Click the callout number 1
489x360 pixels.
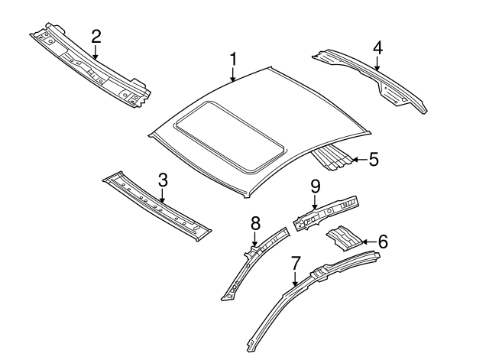pos(234,59)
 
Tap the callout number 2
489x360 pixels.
pos(96,36)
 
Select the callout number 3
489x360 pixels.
pos(162,180)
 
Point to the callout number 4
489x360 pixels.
pos(377,48)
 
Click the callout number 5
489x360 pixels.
pos(373,160)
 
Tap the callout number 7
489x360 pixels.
pos(296,264)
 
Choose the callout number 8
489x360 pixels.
pos(255,222)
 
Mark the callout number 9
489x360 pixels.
pos(315,185)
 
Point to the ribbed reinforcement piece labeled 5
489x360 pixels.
pos(332,158)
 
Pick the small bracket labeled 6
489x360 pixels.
pos(344,239)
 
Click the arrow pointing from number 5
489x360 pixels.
pos(358,160)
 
